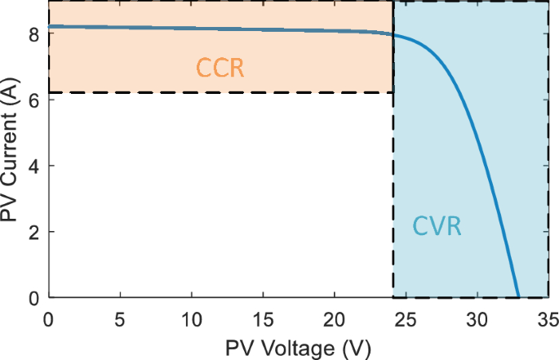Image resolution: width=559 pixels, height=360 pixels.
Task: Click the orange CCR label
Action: tap(220, 68)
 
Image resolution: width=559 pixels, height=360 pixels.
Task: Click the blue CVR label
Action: tap(437, 226)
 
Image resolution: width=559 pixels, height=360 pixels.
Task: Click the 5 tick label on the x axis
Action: tap(120, 316)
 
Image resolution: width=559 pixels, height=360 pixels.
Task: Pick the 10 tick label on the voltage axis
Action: tap(192, 316)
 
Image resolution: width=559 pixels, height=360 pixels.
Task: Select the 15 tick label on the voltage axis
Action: tap(263, 316)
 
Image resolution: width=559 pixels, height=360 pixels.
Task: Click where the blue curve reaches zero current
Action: tap(518, 297)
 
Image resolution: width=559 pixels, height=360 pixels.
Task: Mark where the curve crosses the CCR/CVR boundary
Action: tap(393, 35)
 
